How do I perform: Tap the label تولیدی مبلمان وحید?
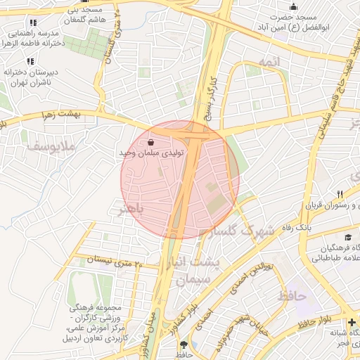point(153,153)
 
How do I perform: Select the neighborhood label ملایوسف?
point(31,148)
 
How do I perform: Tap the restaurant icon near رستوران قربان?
point(340,194)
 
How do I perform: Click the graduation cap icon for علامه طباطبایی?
point(347,238)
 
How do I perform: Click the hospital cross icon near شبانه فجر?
point(352,322)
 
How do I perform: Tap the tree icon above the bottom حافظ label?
point(184,345)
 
